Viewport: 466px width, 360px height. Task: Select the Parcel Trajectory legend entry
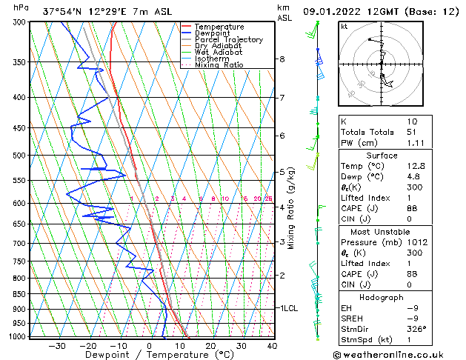(228, 39)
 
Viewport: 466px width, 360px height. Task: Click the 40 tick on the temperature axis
(272, 346)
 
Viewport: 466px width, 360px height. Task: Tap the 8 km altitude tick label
(282, 59)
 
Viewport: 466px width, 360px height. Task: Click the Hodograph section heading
(382, 297)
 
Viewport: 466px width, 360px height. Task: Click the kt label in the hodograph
(344, 26)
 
